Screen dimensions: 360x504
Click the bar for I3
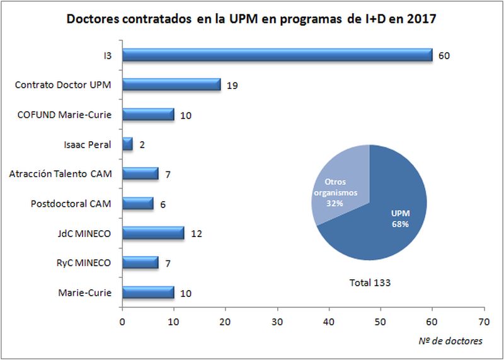[277, 55]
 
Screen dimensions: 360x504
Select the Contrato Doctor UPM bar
[171, 84]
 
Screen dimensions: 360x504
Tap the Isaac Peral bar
[127, 144]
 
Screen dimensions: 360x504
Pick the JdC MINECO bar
[153, 233]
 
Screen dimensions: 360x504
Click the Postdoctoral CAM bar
[137, 204]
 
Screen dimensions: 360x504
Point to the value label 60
[444, 55]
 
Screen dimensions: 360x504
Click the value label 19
[232, 85]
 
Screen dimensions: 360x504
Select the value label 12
[196, 234]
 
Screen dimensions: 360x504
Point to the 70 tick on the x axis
[484, 321]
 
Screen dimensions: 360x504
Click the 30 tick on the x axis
[277, 321]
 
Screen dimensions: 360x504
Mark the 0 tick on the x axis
[122, 321]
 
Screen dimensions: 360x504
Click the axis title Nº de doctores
[450, 341]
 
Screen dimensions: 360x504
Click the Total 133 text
[370, 282]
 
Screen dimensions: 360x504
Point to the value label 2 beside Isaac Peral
[142, 144]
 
